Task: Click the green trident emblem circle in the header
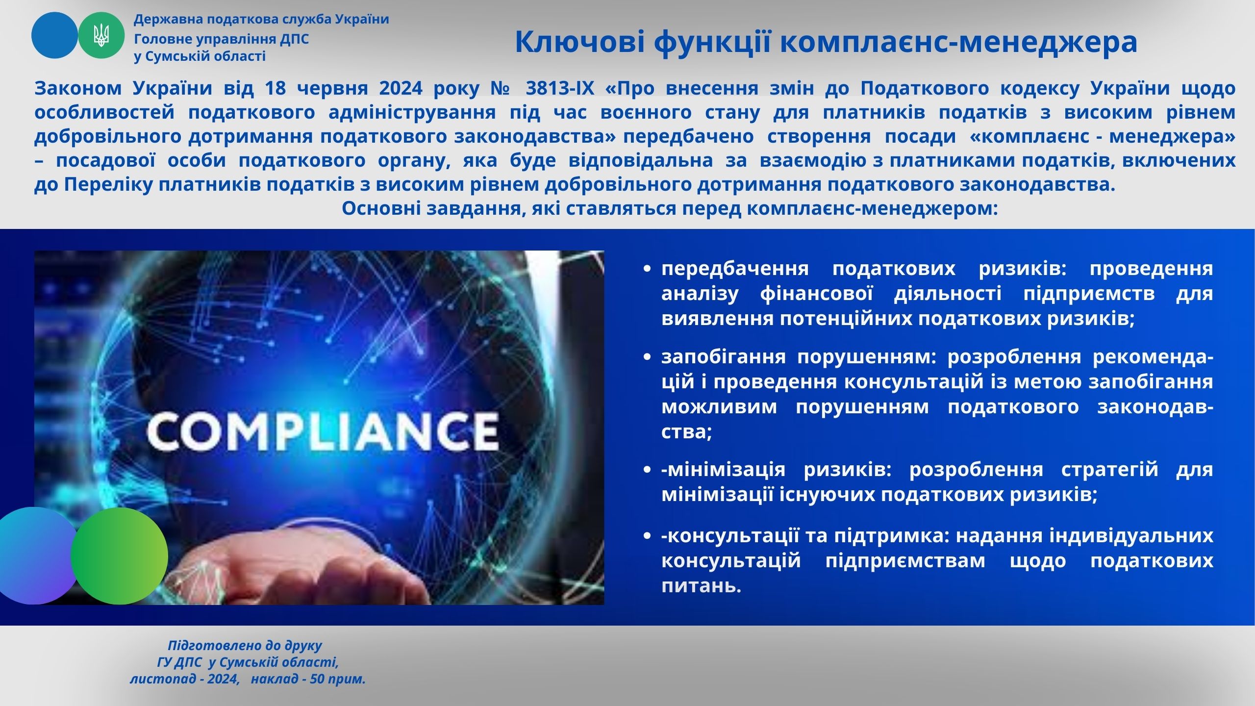(101, 36)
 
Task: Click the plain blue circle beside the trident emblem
(54, 36)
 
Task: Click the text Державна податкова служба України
(262, 20)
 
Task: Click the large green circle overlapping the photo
(119, 556)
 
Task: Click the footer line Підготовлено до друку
(245, 646)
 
